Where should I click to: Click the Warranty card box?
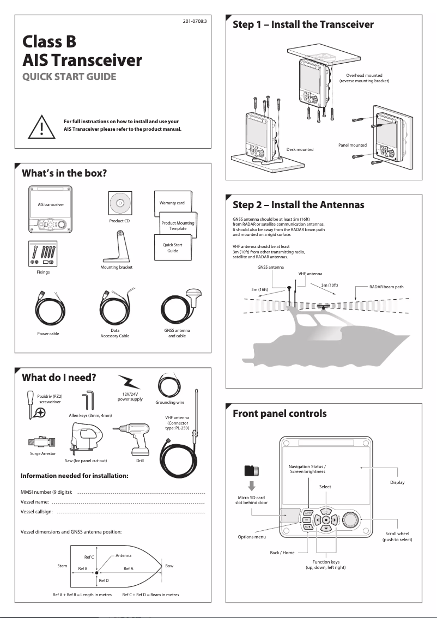coord(172,203)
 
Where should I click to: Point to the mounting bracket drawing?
coord(117,249)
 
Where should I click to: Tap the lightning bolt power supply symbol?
coord(129,383)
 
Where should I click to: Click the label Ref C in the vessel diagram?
coord(89,557)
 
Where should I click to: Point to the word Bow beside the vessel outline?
coord(169,566)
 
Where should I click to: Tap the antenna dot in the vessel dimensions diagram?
coord(96,573)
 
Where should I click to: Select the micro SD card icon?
coord(252,470)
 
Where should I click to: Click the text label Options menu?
coord(252,537)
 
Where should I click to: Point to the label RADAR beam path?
coord(386,287)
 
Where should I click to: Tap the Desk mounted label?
coord(300,149)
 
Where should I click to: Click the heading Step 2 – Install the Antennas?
coord(298,205)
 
